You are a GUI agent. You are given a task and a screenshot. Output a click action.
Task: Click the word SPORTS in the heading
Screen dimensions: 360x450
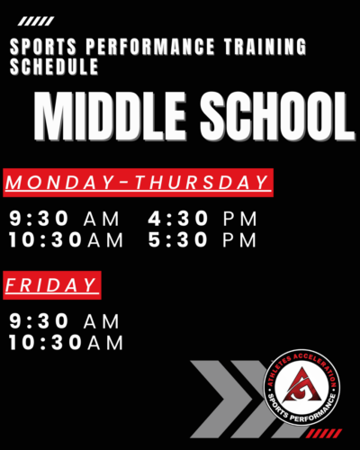coord(43,47)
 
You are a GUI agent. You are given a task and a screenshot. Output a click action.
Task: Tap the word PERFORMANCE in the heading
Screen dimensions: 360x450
coord(150,47)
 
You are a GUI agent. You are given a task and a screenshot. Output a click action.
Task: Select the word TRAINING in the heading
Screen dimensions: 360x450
coord(265,47)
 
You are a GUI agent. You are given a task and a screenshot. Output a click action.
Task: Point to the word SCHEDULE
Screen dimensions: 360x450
coord(54,67)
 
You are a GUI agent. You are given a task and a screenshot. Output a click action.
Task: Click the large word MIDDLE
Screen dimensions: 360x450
coord(110,116)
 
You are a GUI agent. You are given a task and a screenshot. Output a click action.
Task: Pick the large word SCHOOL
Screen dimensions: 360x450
coord(277,116)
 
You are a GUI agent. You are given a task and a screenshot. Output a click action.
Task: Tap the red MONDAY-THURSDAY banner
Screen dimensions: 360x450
coord(138,183)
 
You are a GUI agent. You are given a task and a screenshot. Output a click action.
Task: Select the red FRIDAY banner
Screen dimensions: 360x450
coord(52,285)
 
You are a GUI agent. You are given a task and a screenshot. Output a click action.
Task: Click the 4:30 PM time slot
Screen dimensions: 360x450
coord(202,219)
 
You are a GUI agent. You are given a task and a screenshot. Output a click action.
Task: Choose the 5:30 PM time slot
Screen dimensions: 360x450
coord(202,240)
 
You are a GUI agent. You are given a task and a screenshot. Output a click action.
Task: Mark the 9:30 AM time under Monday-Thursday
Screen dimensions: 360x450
coord(64,219)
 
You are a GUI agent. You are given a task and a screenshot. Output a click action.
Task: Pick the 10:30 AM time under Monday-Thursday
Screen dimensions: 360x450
coord(66,240)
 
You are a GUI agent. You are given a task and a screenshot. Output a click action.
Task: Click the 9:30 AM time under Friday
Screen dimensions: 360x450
coord(64,321)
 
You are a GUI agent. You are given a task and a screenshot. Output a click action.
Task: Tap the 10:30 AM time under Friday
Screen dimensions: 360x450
coord(66,343)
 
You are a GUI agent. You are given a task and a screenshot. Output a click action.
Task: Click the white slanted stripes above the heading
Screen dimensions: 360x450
coord(36,22)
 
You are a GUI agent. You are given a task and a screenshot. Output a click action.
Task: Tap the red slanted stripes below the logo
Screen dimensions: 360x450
coord(325,434)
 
